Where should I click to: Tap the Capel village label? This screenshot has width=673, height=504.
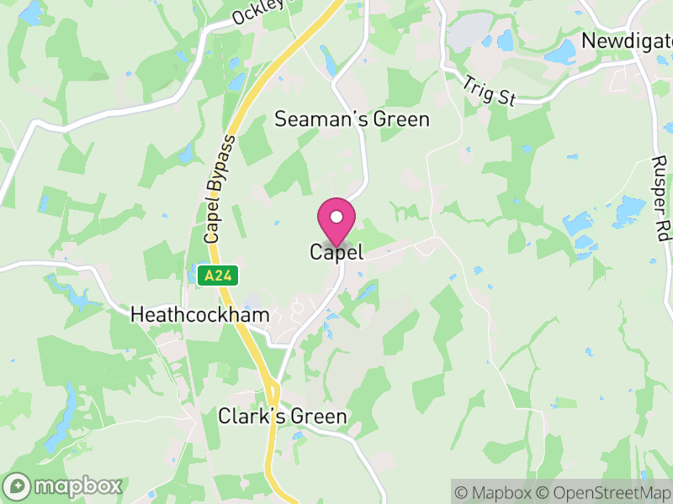click(336, 252)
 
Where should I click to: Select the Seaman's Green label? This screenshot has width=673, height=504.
click(352, 119)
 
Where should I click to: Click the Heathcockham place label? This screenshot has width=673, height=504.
click(200, 315)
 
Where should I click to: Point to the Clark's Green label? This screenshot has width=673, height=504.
click(282, 417)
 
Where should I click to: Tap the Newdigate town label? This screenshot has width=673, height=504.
click(627, 42)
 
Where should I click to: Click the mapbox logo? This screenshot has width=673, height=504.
click(64, 486)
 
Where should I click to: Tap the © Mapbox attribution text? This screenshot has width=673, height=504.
click(496, 492)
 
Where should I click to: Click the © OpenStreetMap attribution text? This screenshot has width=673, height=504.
click(606, 492)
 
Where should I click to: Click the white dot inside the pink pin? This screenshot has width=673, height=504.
click(336, 217)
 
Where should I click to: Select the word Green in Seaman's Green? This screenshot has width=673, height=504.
click(402, 119)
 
